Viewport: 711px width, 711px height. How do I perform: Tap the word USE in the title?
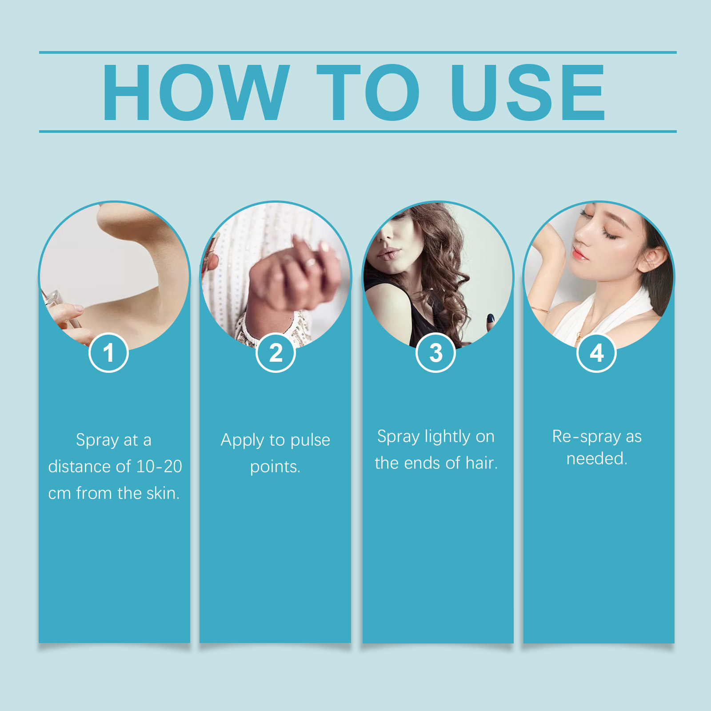(x=528, y=92)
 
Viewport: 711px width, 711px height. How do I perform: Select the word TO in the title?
(x=368, y=92)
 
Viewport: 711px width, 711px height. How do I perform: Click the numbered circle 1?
(x=108, y=352)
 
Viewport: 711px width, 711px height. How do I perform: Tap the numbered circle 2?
(x=276, y=352)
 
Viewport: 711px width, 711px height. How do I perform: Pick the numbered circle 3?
(x=436, y=352)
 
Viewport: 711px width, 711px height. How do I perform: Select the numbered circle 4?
(x=596, y=352)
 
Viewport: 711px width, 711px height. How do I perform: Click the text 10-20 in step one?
(x=159, y=466)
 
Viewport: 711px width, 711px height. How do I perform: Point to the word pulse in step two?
(x=310, y=440)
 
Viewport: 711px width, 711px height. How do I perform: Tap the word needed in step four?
(x=597, y=458)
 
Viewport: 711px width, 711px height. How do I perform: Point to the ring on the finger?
(x=310, y=263)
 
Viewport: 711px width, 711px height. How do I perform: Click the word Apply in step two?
(x=243, y=440)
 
